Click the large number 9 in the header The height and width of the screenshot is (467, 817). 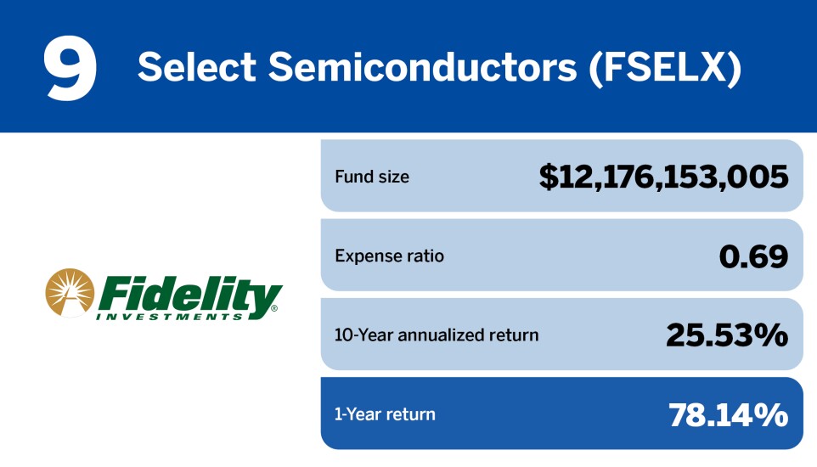pyautogui.click(x=70, y=68)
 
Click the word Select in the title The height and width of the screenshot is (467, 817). pyautogui.click(x=196, y=67)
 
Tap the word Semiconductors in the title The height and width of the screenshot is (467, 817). pyautogui.click(x=423, y=67)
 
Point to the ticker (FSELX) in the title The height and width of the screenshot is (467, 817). pyautogui.click(x=665, y=68)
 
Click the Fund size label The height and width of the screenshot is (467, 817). pyautogui.click(x=372, y=177)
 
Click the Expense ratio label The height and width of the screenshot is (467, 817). pyautogui.click(x=389, y=256)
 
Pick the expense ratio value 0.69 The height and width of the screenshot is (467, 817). pyautogui.click(x=753, y=256)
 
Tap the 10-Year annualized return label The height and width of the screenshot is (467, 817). pyautogui.click(x=437, y=335)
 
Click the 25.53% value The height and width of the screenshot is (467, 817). pyautogui.click(x=727, y=335)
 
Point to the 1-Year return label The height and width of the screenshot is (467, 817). pyautogui.click(x=385, y=414)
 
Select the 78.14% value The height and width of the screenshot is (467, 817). pyautogui.click(x=729, y=415)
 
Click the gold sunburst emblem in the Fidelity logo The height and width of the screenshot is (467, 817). pyautogui.click(x=70, y=292)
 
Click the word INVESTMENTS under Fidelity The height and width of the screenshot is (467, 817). pyautogui.click(x=170, y=317)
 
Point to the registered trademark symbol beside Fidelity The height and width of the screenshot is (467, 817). pyautogui.click(x=274, y=308)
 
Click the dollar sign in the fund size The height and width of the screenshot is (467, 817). pyautogui.click(x=549, y=177)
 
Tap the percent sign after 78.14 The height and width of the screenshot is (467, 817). pyautogui.click(x=771, y=415)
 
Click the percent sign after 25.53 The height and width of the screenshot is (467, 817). pyautogui.click(x=771, y=335)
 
